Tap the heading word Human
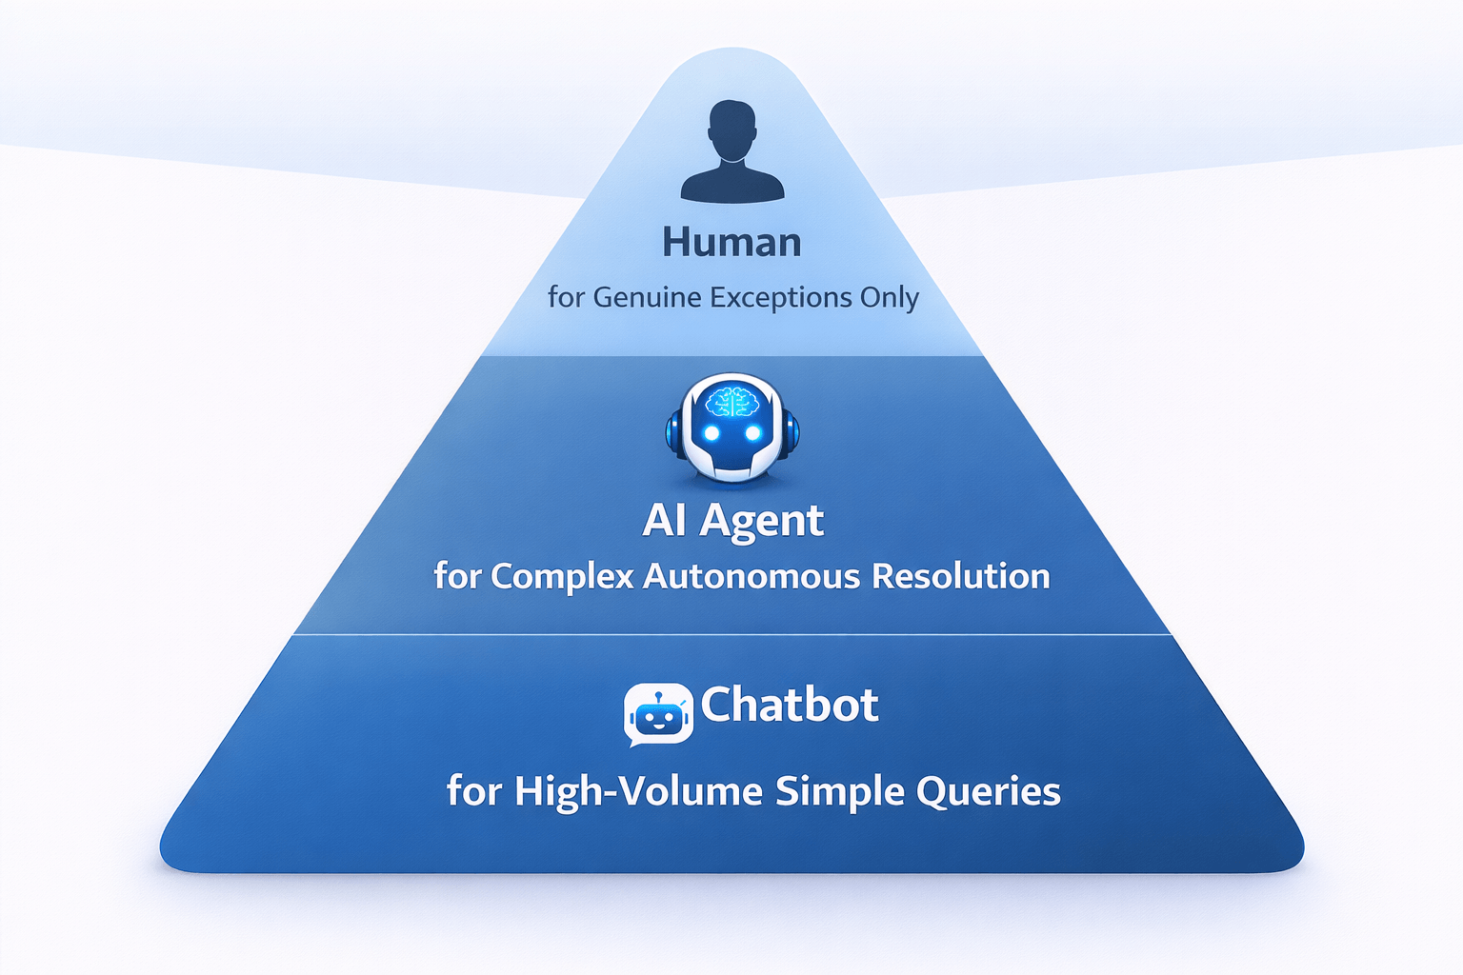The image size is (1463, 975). coord(731,243)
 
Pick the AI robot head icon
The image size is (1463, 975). coord(731,428)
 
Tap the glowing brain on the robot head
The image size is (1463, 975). coord(731,403)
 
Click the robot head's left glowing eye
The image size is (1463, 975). coord(711,434)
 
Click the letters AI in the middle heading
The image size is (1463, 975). coord(665,520)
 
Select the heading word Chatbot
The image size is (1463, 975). coord(790,705)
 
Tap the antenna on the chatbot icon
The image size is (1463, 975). coord(657,695)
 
